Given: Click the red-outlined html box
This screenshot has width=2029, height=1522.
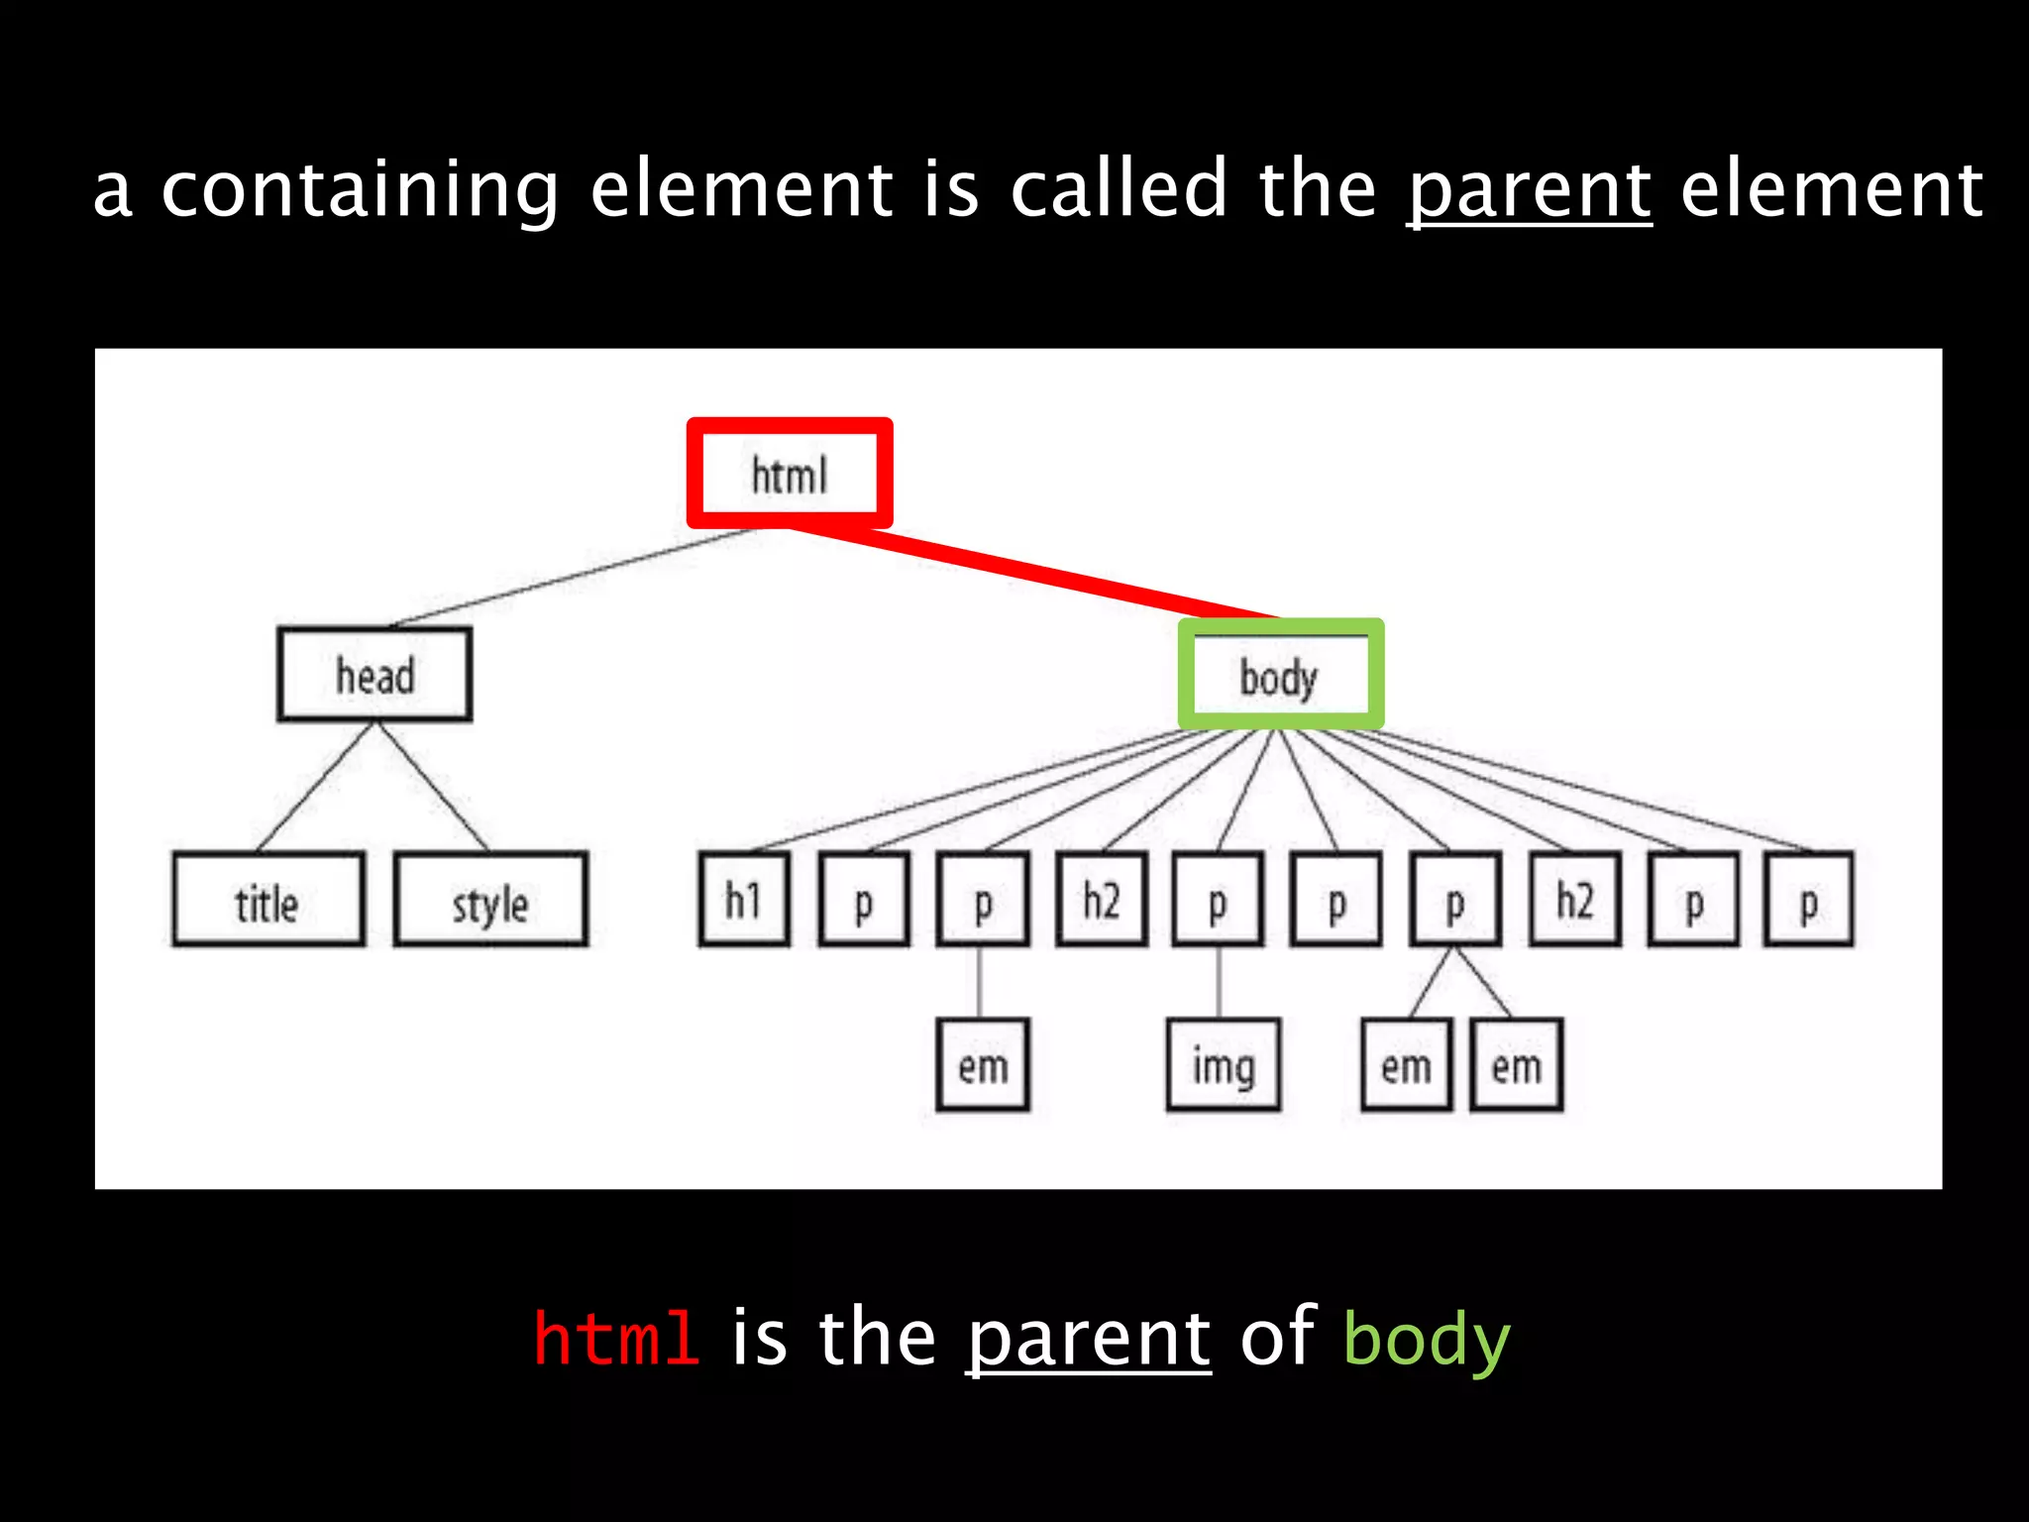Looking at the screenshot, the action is [790, 474].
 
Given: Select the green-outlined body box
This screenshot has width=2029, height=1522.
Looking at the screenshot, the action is [1280, 675].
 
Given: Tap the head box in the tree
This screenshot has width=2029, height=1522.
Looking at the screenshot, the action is [374, 675].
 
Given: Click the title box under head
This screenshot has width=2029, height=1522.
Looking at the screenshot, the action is [267, 900].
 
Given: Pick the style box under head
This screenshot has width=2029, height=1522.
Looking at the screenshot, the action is [490, 900].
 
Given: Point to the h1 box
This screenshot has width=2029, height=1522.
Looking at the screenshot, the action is [744, 900].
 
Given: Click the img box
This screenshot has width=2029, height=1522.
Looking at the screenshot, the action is [1224, 1065].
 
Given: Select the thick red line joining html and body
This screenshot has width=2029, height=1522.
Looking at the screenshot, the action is [1030, 574].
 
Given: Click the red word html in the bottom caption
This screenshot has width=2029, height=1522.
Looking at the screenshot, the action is [616, 1338].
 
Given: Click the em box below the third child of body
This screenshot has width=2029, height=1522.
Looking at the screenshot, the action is [983, 1065].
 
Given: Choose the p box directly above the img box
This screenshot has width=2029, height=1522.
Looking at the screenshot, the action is [1218, 900].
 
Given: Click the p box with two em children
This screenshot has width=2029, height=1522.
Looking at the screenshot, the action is [1454, 900].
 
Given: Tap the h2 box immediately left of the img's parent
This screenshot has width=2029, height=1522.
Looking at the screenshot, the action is [1102, 900].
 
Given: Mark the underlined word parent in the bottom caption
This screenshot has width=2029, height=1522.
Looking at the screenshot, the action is [1088, 1338].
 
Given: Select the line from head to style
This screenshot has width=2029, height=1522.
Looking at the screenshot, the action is [432, 786].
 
